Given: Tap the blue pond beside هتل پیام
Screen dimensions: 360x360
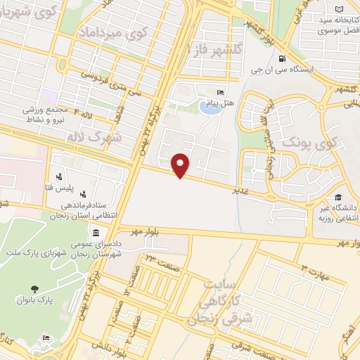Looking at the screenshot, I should click(x=209, y=108).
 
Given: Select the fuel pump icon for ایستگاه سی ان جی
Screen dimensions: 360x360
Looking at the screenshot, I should click(x=281, y=59).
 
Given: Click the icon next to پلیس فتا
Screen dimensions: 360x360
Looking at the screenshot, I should click(x=59, y=176).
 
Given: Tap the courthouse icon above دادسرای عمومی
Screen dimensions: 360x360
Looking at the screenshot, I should click(x=96, y=233).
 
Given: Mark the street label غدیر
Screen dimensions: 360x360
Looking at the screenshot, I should click(x=240, y=189).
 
